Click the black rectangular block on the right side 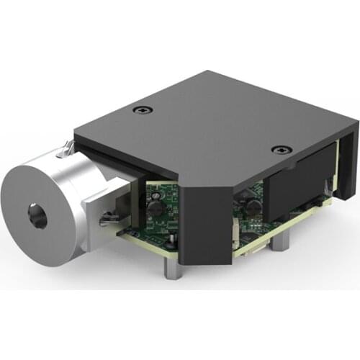(x=295, y=176)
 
